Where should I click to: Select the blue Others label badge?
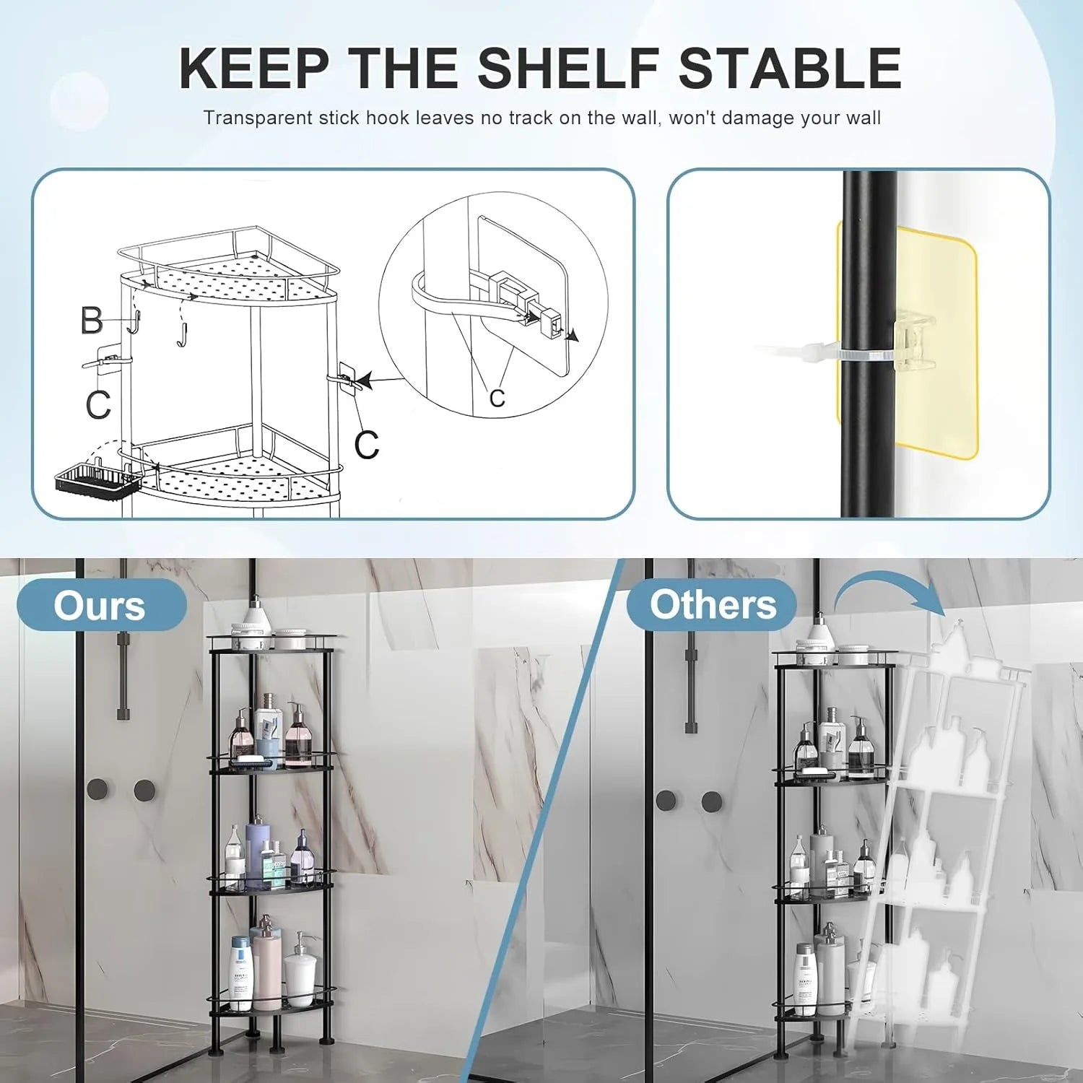(712, 604)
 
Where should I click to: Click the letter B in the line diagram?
(92, 321)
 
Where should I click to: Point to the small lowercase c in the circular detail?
(497, 397)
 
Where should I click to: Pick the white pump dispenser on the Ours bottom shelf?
(299, 975)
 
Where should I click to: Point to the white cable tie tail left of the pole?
(794, 352)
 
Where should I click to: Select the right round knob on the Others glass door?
(712, 801)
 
